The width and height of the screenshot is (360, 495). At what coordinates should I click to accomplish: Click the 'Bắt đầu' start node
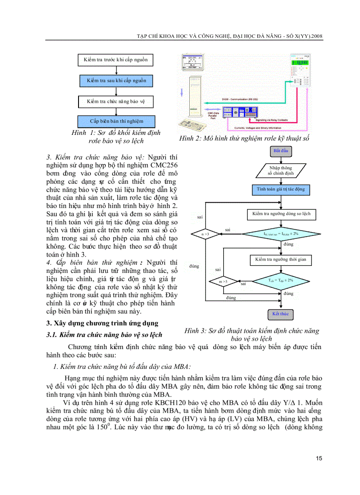[281, 151]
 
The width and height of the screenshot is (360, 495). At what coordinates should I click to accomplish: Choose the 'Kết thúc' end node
[281, 314]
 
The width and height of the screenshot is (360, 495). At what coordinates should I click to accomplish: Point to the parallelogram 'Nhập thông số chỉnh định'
[281, 170]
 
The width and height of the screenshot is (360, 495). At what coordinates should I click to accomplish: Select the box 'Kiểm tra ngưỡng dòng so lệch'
[281, 214]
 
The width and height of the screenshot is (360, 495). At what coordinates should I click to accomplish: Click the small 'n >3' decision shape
[206, 234]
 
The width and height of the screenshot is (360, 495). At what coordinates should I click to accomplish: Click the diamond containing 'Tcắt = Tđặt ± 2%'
[281, 280]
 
